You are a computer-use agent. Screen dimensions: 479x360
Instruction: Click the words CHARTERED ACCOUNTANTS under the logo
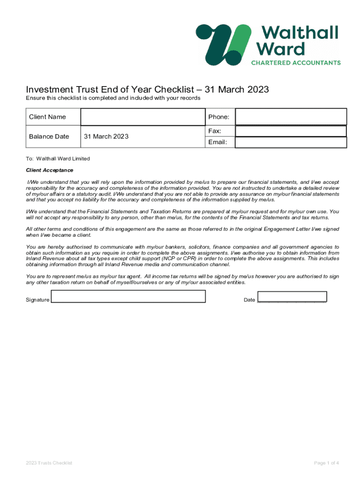[x=296, y=62]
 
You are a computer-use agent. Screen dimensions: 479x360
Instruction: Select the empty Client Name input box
[x=142, y=117]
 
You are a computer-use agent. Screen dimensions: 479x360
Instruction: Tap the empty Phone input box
[x=290, y=117]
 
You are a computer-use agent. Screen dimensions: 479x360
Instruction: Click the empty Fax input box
[x=290, y=131]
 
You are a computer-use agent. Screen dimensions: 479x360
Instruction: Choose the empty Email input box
[x=290, y=142]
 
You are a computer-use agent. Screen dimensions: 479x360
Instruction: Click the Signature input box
[x=128, y=297]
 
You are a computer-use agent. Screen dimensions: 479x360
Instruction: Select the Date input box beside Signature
[x=292, y=297]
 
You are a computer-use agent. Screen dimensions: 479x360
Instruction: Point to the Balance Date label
[x=49, y=137]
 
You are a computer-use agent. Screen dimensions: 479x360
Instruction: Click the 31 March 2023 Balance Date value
[x=106, y=137]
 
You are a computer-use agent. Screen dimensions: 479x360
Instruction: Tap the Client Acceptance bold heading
[x=50, y=170]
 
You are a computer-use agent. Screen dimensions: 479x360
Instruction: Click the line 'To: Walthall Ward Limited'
[x=58, y=159]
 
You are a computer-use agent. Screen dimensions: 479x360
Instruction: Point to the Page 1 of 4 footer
[x=326, y=463]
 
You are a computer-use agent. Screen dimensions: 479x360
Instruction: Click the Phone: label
[x=218, y=117]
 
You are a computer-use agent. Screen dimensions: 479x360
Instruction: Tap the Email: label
[x=218, y=142]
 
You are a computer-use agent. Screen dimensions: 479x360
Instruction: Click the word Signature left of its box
[x=37, y=300]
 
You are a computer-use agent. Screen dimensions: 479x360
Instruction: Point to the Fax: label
[x=215, y=131]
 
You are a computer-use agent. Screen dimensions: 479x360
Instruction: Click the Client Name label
[x=47, y=117]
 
